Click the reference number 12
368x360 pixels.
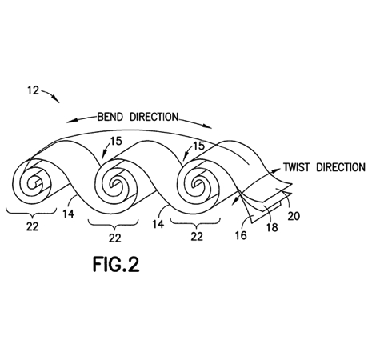34,90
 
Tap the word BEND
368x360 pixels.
110,117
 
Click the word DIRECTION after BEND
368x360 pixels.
154,117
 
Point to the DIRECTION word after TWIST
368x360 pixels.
341,167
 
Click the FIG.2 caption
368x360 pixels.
116,265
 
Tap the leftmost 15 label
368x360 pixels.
116,141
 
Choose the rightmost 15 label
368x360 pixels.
198,146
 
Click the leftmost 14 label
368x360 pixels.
68,214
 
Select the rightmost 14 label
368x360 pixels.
158,224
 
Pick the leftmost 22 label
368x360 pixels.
33,226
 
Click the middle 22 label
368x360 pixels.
115,238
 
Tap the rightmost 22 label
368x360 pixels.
197,236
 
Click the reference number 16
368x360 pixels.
241,235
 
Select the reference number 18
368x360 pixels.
272,227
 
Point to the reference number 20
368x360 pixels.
294,216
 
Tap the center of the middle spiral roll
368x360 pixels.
115,184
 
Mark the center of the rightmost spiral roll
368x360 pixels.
198,184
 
